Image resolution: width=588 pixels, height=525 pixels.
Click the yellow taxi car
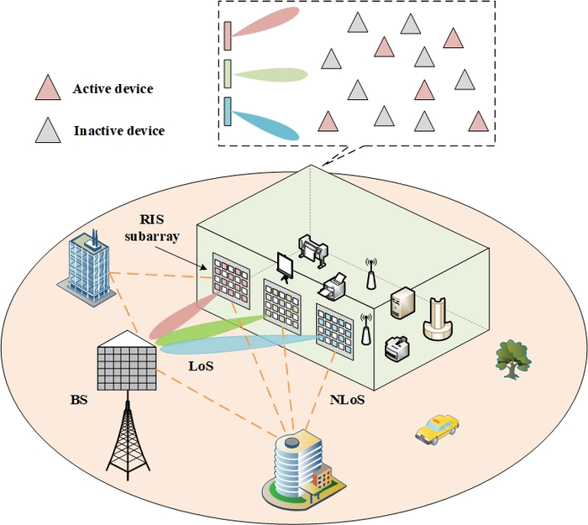tap(437, 428)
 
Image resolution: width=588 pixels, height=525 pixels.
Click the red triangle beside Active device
tap(48, 87)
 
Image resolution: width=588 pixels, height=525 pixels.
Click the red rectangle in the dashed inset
tap(228, 36)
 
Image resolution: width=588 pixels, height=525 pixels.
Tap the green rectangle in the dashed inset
tap(228, 74)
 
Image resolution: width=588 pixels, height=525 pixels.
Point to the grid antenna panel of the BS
tap(126, 362)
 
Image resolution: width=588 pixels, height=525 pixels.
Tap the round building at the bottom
tap(298, 470)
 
